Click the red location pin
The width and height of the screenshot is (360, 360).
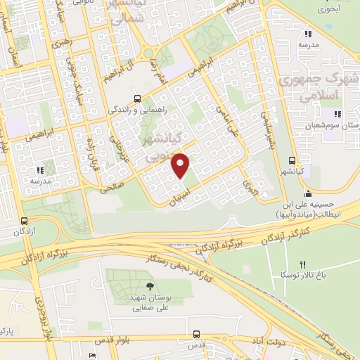[x=181, y=165]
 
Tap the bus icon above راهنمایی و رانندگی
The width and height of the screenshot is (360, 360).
[x=138, y=98]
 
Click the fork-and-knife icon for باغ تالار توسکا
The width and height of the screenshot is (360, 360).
[x=303, y=264]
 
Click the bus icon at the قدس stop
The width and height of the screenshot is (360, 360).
[x=198, y=335]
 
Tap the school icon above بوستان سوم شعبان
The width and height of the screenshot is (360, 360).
[x=337, y=114]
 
